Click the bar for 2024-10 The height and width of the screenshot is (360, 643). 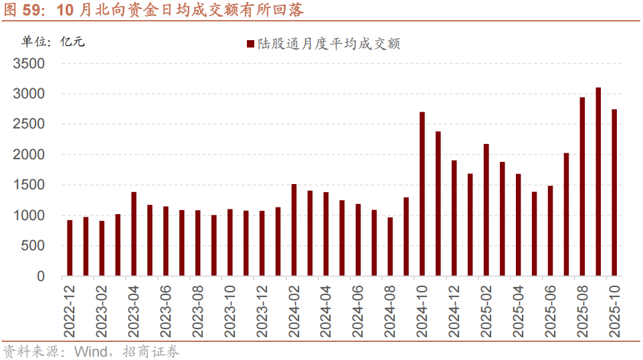422,194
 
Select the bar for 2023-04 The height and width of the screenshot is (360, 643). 134,234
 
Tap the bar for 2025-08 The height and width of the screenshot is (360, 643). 582,187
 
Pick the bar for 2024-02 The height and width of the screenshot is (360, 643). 294,230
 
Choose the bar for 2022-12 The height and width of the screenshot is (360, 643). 70,248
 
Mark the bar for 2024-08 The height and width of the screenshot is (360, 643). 390,247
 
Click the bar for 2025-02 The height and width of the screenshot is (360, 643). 486,210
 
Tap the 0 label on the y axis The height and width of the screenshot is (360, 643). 41,276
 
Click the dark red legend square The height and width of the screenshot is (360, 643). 250,44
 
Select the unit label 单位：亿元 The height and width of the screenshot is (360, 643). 54,41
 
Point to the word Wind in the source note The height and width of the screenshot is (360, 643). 90,351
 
